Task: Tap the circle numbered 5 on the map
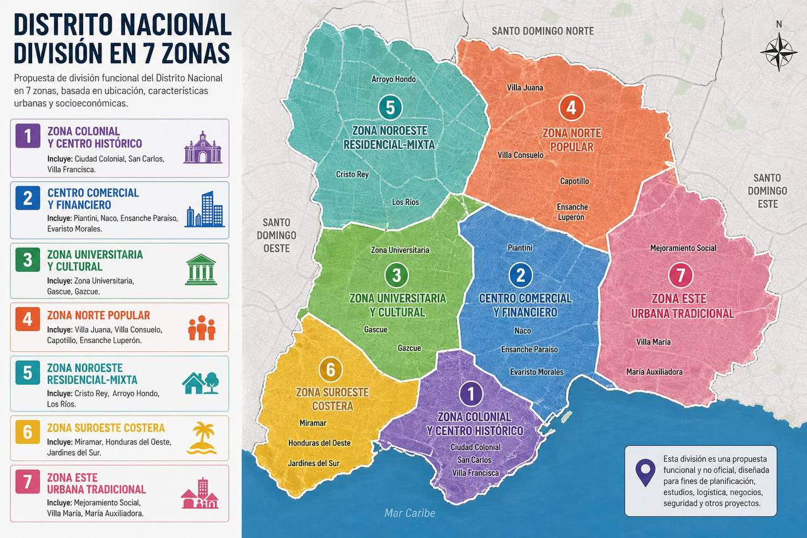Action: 390,108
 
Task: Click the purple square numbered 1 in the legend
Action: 27,137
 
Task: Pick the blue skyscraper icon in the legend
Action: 204,209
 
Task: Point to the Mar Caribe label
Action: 410,513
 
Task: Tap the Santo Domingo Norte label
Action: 542,31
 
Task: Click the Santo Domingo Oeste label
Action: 276,235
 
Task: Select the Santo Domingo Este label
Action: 767,190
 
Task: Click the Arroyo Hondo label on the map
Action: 393,79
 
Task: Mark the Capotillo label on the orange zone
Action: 574,181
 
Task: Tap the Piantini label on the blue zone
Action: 520,248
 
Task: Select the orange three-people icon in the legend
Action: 202,328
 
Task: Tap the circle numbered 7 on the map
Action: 680,276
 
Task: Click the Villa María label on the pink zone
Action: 653,342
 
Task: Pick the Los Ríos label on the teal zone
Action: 405,202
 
